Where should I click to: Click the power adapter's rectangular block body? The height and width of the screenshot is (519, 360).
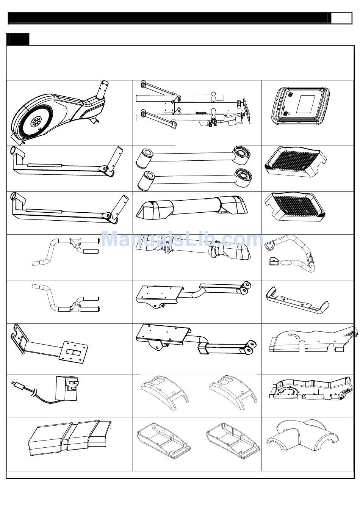click(x=67, y=389)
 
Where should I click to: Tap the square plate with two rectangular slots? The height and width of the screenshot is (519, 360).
click(x=74, y=351)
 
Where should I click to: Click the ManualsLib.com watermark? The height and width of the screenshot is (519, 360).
click(x=182, y=240)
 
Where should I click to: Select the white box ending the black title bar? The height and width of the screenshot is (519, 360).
click(x=341, y=18)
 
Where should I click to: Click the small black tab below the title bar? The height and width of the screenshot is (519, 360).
click(x=18, y=39)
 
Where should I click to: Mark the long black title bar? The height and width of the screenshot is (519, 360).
click(x=169, y=18)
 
